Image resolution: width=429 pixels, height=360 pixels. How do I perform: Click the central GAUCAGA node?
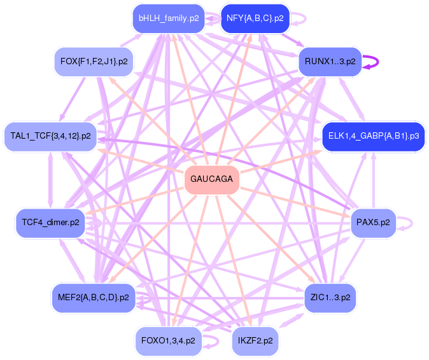pyautogui.click(x=212, y=179)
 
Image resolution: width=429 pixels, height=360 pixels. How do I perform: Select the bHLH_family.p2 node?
pyautogui.click(x=169, y=18)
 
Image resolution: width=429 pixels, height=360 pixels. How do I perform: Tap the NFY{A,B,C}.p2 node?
pyautogui.click(x=255, y=18)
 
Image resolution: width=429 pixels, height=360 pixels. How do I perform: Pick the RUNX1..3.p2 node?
pyautogui.click(x=330, y=62)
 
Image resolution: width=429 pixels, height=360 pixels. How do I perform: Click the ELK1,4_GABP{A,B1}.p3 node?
pyautogui.click(x=374, y=136)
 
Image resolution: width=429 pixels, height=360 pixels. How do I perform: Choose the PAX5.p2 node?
pyautogui.click(x=373, y=223)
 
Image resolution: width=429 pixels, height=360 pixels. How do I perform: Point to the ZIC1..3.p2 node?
pyautogui.click(x=330, y=298)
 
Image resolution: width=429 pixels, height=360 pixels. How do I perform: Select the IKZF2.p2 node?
pyautogui.click(x=255, y=341)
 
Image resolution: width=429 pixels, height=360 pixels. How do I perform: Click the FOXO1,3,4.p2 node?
pyautogui.click(x=169, y=341)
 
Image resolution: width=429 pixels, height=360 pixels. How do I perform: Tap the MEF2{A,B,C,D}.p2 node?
pyautogui.click(x=94, y=298)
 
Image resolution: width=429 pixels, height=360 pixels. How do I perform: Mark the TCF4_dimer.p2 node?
pyautogui.click(x=51, y=223)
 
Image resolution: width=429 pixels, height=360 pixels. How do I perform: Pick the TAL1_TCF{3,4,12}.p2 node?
pyautogui.click(x=51, y=136)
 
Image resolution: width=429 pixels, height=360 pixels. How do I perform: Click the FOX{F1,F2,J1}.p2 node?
pyautogui.click(x=94, y=62)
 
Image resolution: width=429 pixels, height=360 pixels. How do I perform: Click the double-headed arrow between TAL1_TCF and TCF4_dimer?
pyautogui.click(x=50, y=179)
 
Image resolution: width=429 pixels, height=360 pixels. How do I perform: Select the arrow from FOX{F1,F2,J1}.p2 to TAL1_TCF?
pyautogui.click(x=73, y=99)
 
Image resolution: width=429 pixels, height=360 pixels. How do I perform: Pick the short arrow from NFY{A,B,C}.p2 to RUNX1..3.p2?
pyautogui.click(x=293, y=40)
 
